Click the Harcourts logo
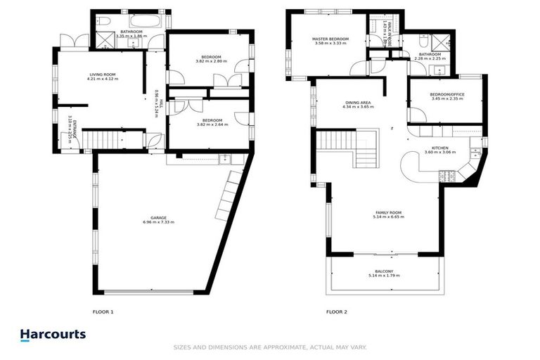tap(53, 335)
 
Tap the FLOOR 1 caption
tap(103, 311)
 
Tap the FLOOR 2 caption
tap(336, 311)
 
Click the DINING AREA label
tap(357, 103)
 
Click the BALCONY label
tap(384, 271)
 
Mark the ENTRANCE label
tap(75, 130)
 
